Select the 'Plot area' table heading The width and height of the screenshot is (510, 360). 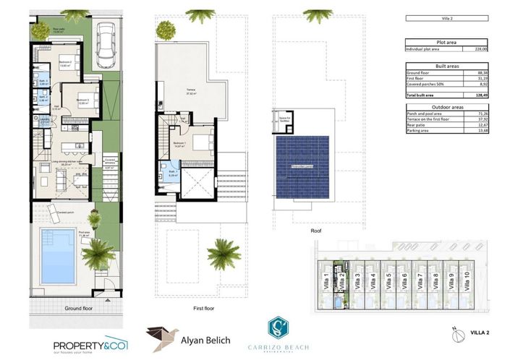(x=446, y=42)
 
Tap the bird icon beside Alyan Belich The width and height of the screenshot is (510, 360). (x=161, y=338)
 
